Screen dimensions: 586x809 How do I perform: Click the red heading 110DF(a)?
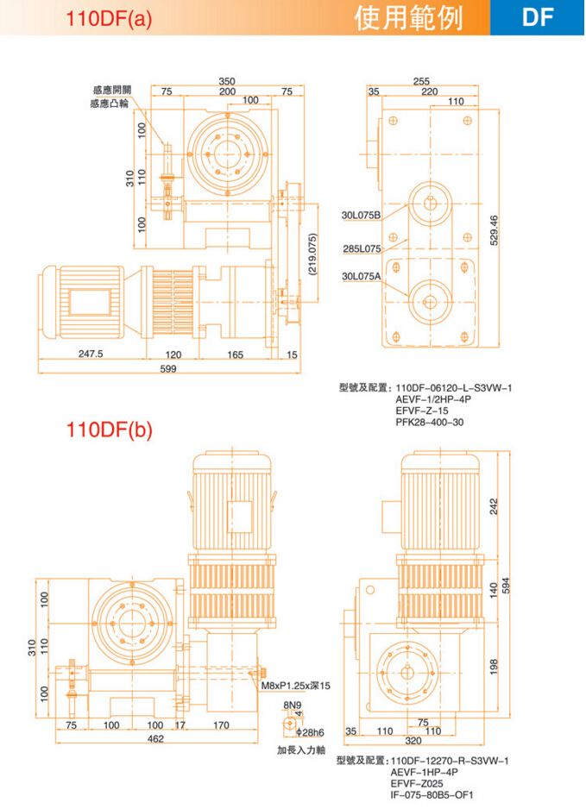109,19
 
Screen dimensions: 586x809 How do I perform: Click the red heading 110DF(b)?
109,430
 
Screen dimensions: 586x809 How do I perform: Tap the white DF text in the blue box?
538,17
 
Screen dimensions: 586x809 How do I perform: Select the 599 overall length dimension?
168,368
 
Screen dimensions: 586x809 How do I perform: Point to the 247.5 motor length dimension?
91,354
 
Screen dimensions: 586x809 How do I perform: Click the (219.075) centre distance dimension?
312,254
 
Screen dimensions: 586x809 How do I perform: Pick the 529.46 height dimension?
495,230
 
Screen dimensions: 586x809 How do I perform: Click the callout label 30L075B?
361,215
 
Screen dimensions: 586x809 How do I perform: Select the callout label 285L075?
362,248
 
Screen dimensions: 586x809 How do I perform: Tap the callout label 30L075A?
361,277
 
